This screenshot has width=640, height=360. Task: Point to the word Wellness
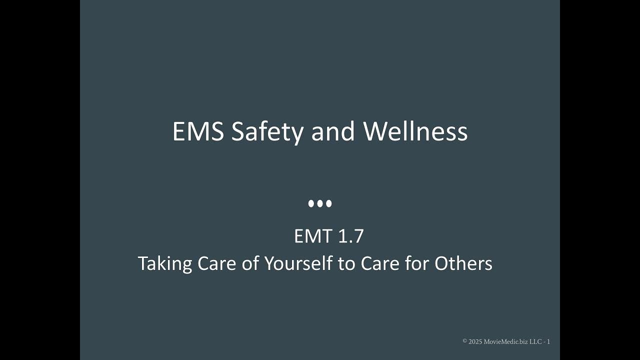point(415,132)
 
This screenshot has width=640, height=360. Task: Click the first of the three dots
point(311,203)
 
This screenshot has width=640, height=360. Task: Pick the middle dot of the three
point(320,203)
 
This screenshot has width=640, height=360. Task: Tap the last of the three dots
point(328,203)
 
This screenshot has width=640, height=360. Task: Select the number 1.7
point(350,236)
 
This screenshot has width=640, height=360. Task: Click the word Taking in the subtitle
point(164,264)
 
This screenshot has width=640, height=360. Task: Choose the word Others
point(463,263)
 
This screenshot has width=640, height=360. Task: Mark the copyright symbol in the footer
point(465,341)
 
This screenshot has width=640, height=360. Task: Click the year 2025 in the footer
point(475,341)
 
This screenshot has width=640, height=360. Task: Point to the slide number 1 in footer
point(548,341)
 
